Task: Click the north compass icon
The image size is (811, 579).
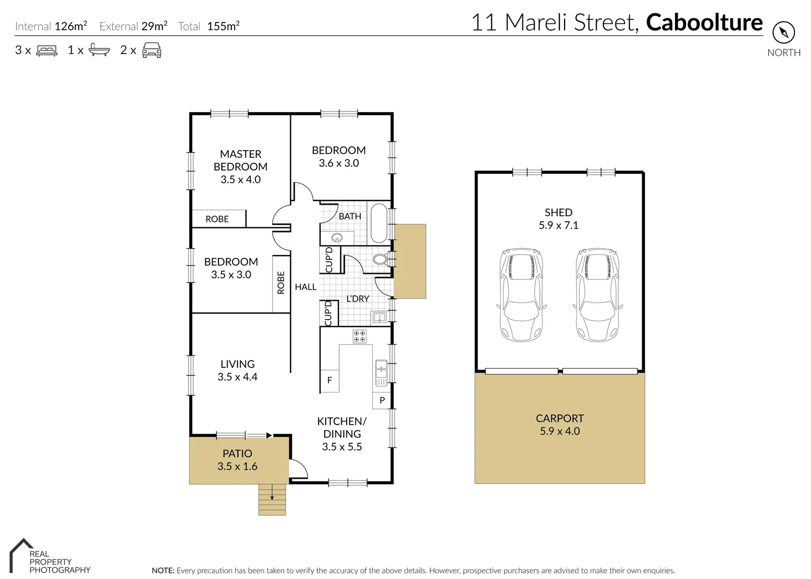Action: pos(783,33)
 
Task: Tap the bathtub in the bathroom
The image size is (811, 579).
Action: pos(379,223)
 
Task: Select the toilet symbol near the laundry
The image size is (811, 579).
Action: pos(380,260)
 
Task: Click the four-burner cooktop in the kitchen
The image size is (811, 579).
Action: pos(359,336)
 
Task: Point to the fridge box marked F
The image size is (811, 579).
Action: pos(329,380)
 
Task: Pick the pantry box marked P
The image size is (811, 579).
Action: pos(382,400)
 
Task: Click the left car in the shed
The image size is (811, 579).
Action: pos(521,295)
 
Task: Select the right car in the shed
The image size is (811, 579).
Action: pos(597,295)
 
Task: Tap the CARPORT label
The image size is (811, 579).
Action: pos(560,418)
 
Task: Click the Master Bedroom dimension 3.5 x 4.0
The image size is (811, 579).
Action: pos(241,180)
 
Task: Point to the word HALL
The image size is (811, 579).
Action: pos(305,287)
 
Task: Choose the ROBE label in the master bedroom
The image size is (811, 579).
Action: pos(217,219)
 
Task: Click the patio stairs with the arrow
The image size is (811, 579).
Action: pos(272,500)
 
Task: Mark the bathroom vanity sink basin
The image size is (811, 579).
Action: pos(337,237)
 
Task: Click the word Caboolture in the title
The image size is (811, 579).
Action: pos(704,23)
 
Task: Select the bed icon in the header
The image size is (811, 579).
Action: pos(47,50)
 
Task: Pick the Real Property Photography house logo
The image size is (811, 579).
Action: pos(21,555)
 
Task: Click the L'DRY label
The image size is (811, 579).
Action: pos(357,299)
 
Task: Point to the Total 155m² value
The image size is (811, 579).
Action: pos(223,26)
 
